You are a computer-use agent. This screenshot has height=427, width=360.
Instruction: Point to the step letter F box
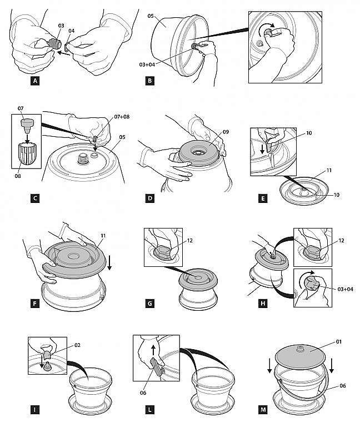(x=36, y=304)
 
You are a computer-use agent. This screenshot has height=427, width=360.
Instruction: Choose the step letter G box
(x=148, y=304)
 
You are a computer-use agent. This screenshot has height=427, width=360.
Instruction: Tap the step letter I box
(x=36, y=411)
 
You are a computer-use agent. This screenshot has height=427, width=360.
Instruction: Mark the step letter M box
(x=262, y=411)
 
